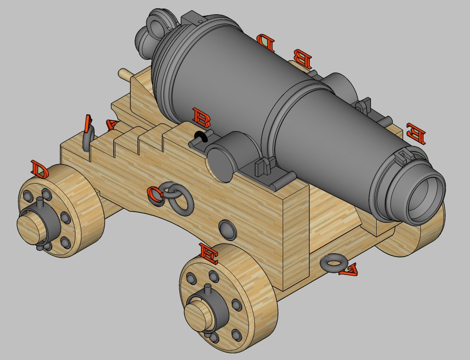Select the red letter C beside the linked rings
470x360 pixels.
(155, 194)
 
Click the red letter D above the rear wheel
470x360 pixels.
(40, 169)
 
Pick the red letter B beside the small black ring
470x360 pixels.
(201, 117)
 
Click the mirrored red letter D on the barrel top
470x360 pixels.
(266, 41)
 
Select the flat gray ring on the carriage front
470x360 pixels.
(333, 263)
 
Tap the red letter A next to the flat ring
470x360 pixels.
(349, 269)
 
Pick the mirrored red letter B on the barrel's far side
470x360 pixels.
(302, 59)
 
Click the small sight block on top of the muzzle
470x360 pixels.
(403, 156)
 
